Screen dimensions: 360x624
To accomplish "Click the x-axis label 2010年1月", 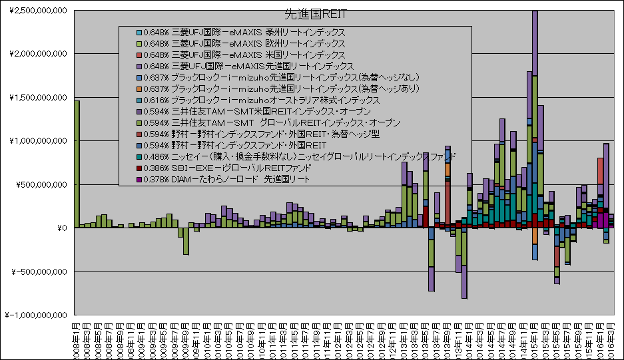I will tap(208, 339).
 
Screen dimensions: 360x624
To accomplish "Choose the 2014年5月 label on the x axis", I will tap(485, 339).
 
